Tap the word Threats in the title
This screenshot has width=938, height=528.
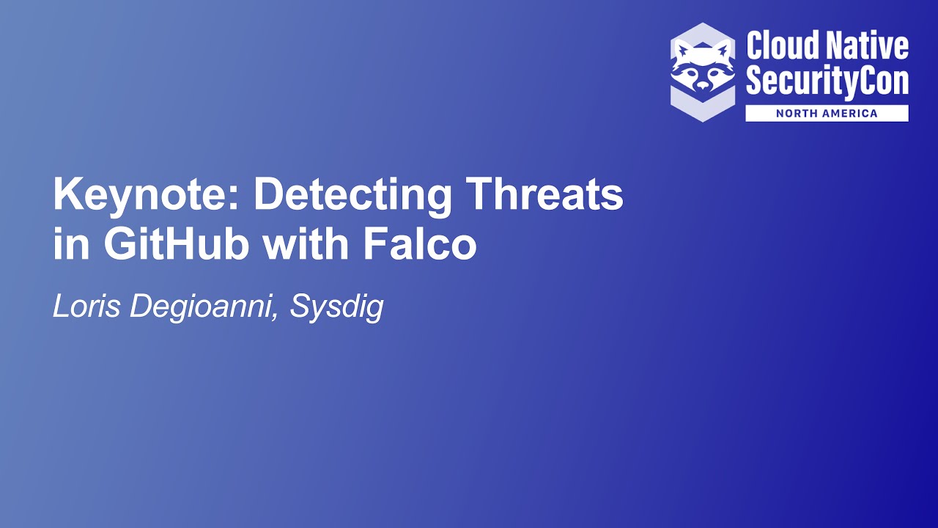pos(544,195)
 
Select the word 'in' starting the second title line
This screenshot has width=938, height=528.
pos(70,246)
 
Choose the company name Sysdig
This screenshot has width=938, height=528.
pos(336,307)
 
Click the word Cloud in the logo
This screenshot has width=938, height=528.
pos(781,46)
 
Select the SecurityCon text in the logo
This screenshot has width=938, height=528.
pos(827,81)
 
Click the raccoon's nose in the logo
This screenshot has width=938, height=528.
pos(703,85)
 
